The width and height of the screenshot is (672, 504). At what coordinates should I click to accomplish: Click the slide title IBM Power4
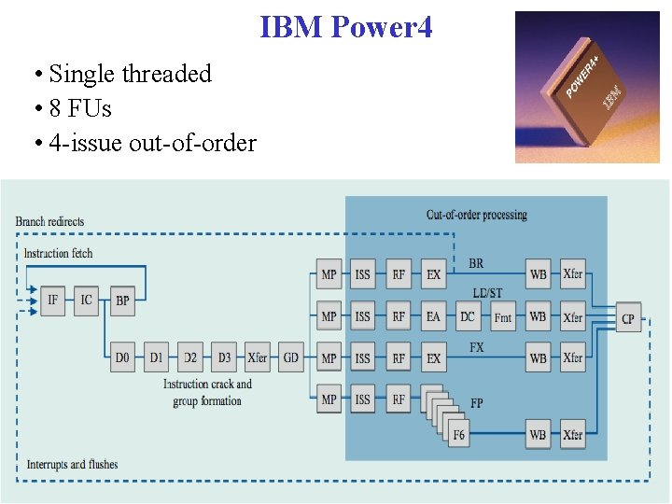[346, 27]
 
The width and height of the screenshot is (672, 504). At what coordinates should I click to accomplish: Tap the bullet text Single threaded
[130, 74]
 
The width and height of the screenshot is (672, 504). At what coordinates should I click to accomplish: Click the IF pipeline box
[52, 301]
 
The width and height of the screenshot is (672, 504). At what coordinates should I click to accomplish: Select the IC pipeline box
[87, 301]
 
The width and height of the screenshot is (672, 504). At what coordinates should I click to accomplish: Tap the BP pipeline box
[122, 301]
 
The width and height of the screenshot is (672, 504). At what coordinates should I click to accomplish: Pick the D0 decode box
[122, 357]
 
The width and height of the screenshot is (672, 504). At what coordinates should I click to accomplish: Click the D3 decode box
[224, 357]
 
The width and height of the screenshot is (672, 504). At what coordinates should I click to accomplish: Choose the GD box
[291, 357]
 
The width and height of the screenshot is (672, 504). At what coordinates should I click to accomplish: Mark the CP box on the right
[628, 319]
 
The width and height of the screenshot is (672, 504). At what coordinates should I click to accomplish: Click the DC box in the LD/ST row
[467, 316]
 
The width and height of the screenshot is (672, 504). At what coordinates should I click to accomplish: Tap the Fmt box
[502, 317]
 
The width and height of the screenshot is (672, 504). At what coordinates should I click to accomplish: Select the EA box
[433, 316]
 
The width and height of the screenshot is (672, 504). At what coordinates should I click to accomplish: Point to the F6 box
[458, 434]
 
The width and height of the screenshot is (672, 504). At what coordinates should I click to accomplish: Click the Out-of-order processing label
[476, 215]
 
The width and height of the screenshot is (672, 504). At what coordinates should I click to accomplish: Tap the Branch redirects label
[49, 221]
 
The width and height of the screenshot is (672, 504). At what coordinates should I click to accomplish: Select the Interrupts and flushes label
[72, 464]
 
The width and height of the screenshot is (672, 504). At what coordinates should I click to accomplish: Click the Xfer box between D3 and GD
[258, 357]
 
